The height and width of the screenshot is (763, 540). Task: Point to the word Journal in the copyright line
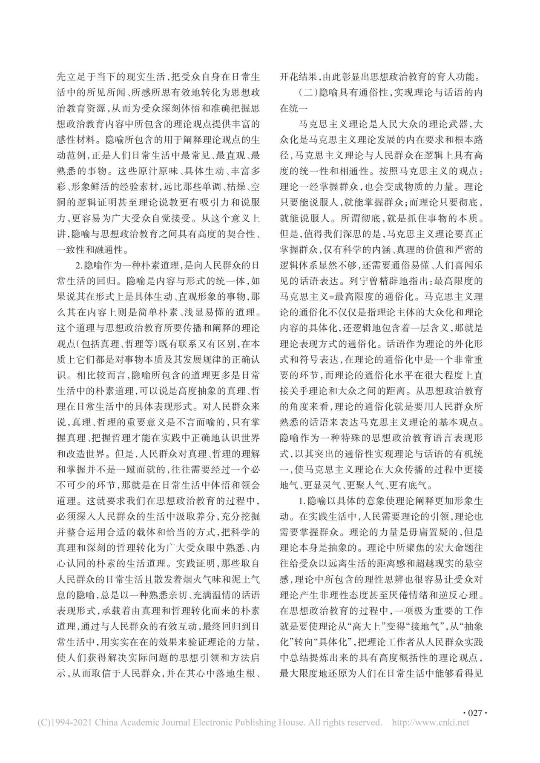click(174, 722)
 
